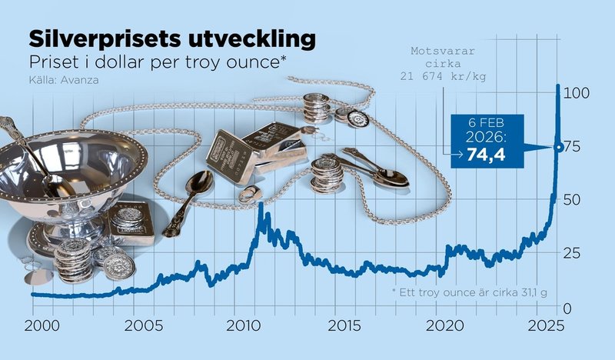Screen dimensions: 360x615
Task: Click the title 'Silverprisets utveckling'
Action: coord(171,39)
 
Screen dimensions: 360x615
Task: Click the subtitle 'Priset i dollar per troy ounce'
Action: coord(158,63)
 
